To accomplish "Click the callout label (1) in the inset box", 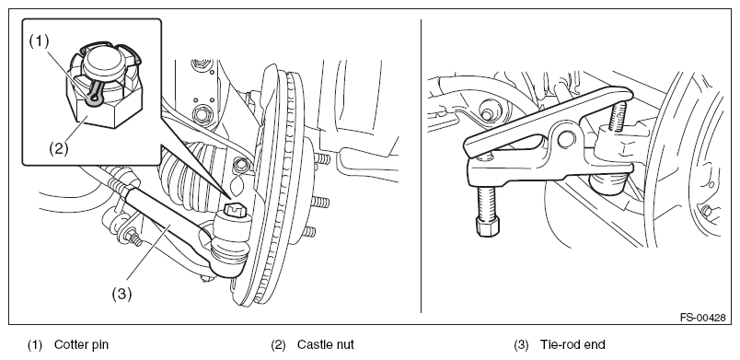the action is (40, 41).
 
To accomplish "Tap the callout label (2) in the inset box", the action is (59, 148).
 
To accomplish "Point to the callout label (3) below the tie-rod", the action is (121, 294).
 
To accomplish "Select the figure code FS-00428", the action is (702, 318).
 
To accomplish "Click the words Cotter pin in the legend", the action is (81, 345).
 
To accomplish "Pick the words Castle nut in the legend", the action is (325, 345).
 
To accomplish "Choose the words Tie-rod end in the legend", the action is (572, 345).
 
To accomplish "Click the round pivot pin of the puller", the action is (566, 139).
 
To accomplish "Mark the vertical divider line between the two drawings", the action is (421, 166).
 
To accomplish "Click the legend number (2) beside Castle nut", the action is (279, 345).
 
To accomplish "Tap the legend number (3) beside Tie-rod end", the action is (522, 345).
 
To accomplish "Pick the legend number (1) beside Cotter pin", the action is (34, 345).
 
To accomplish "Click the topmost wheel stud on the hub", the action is (321, 159).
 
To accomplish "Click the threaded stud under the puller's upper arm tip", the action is (617, 116).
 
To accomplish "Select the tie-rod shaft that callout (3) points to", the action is (166, 222).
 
